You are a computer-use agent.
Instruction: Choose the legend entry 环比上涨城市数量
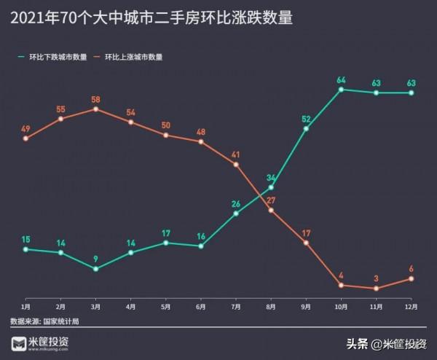click(133, 56)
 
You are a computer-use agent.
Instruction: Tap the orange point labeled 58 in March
click(96, 109)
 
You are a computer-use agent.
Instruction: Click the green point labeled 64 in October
click(341, 90)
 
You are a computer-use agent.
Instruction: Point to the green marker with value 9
click(96, 268)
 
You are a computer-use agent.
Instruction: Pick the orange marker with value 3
click(377, 289)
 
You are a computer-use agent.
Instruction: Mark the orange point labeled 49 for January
click(25, 138)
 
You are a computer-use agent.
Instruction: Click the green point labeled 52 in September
click(306, 129)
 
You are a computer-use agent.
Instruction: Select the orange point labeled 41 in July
click(236, 165)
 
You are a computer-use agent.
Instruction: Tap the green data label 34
click(271, 178)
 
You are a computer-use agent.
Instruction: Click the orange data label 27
click(271, 200)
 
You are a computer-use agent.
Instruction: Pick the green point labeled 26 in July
click(236, 214)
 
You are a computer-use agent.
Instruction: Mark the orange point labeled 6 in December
click(412, 278)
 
